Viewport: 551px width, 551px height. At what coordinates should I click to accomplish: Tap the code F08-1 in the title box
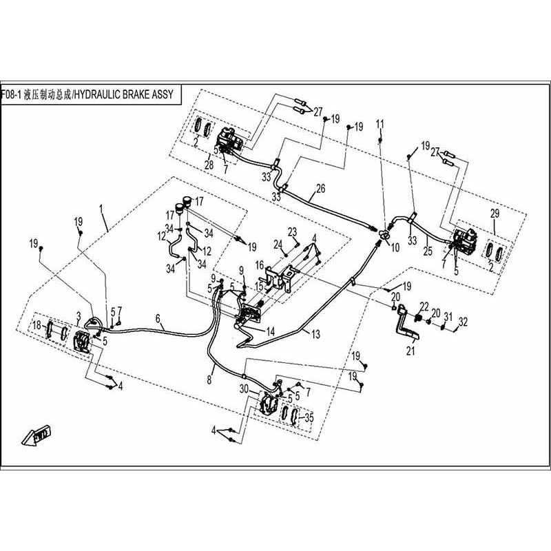coord(12,94)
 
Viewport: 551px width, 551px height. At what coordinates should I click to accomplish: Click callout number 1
coord(101,207)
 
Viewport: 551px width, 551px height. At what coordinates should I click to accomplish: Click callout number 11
coord(379,123)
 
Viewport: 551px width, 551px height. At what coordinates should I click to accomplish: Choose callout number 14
coord(271,331)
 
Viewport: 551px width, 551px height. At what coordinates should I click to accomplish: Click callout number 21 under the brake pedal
coord(411,351)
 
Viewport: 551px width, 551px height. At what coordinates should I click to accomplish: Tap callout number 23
coord(292,231)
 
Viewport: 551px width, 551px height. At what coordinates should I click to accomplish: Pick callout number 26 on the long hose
coord(320,188)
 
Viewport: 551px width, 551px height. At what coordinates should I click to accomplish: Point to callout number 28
coord(209,165)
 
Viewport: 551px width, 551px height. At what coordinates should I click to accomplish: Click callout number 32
coord(463,321)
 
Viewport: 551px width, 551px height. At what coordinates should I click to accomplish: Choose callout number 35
coord(309,417)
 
